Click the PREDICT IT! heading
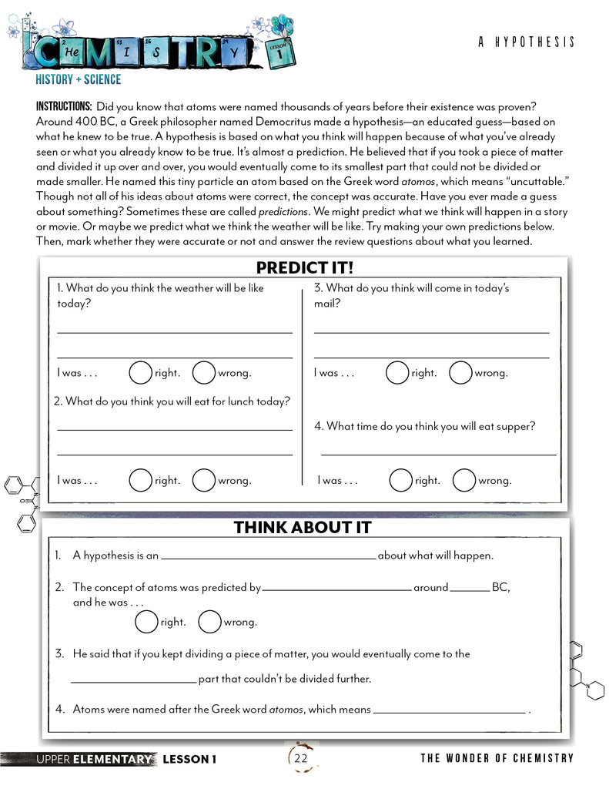point(304,267)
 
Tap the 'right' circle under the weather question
point(140,373)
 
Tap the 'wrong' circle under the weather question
point(203,373)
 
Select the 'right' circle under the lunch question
point(140,480)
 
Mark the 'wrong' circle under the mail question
point(460,373)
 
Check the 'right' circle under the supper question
point(400,480)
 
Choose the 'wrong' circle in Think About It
point(209,622)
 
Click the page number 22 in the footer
point(301,759)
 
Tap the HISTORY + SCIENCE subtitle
point(78,79)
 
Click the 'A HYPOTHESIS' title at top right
point(526,42)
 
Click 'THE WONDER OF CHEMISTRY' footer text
point(497,758)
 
